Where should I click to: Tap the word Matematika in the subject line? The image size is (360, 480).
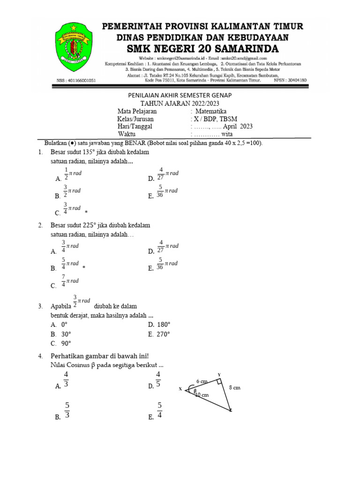[210, 112]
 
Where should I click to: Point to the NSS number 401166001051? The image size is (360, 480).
[76, 81]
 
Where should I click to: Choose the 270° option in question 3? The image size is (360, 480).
[163, 334]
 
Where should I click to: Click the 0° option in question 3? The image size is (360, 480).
[64, 324]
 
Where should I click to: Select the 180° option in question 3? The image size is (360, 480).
[163, 324]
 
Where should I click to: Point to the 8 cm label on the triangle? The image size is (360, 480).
[234, 388]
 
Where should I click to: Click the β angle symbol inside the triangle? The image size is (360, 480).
[195, 390]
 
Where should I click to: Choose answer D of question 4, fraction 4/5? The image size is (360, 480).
[158, 380]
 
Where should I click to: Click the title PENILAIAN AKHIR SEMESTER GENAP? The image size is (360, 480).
[180, 95]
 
